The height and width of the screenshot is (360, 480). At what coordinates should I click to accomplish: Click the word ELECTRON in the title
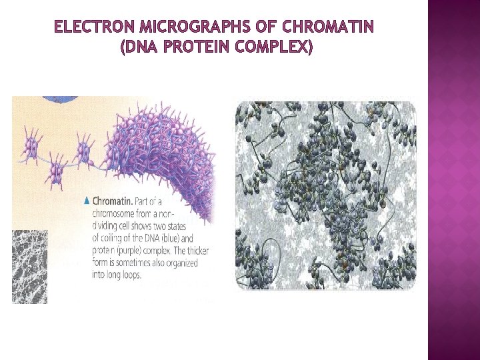click(x=85, y=27)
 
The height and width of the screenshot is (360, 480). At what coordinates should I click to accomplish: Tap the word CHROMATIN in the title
click(x=329, y=27)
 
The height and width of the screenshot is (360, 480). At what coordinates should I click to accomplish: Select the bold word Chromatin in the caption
click(x=112, y=201)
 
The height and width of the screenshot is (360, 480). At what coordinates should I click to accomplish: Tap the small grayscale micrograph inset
click(x=29, y=267)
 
